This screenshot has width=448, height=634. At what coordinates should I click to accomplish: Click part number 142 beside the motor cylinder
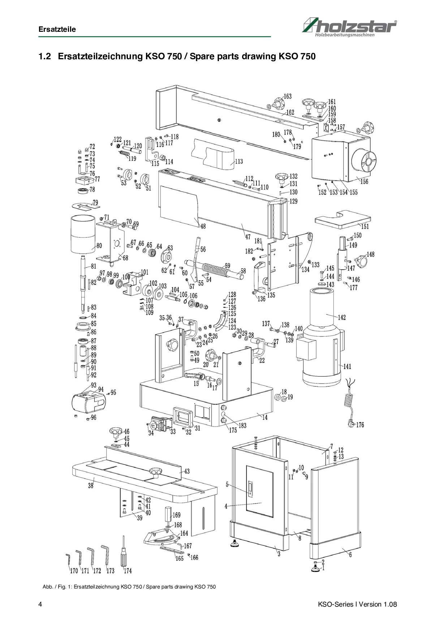(341, 317)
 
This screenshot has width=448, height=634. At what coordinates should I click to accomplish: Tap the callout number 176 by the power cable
(360, 425)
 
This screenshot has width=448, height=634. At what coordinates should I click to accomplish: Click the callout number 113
(239, 162)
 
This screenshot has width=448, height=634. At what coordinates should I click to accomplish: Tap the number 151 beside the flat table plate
(365, 227)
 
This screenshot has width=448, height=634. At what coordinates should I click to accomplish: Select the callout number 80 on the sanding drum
(99, 246)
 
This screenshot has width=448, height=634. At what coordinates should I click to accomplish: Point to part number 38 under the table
(91, 486)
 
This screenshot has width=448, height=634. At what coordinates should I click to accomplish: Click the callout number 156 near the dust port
(364, 181)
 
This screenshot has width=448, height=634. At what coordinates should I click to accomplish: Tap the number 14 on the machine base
(264, 417)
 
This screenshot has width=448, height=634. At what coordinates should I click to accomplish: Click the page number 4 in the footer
(40, 604)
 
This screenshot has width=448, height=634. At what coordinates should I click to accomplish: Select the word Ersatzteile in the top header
(57, 29)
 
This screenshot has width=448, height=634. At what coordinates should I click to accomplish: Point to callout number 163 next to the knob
(287, 97)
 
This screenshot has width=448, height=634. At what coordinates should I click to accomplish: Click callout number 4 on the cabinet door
(226, 506)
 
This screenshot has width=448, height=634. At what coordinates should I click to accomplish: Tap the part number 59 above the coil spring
(227, 266)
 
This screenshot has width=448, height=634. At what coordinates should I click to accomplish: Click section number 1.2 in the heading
(44, 56)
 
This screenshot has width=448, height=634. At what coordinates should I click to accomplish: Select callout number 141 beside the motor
(347, 367)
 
